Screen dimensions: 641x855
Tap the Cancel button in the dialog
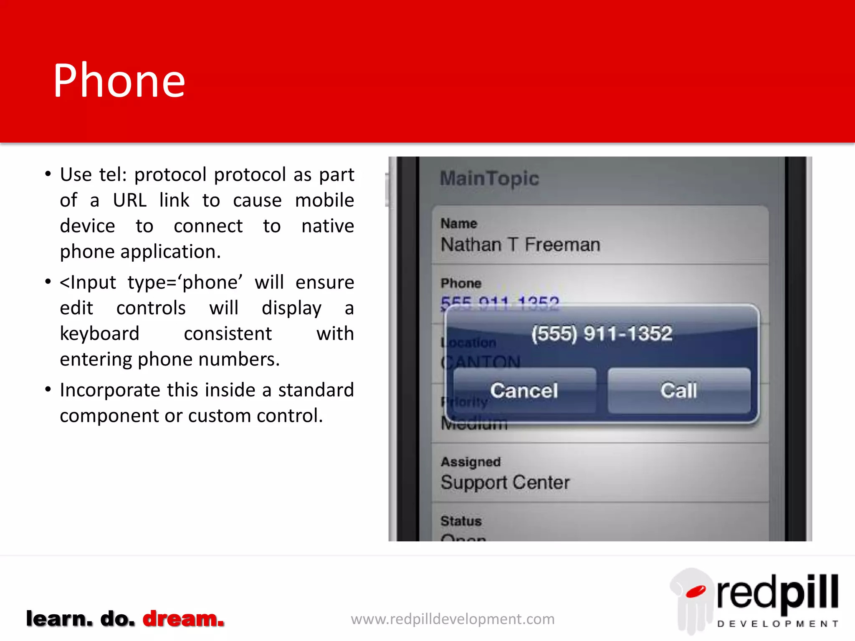(x=524, y=391)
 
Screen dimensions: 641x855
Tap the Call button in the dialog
(x=679, y=391)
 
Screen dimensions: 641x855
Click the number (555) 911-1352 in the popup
(x=602, y=333)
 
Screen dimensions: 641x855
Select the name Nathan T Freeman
(x=520, y=245)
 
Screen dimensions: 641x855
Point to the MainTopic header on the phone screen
(x=489, y=179)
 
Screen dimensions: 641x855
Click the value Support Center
(x=505, y=482)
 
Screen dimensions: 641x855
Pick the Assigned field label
(x=471, y=462)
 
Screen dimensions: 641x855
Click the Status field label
(x=461, y=521)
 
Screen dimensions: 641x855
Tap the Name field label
(x=458, y=224)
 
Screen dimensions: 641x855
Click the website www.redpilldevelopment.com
(x=453, y=619)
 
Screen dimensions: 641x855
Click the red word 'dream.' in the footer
(x=183, y=618)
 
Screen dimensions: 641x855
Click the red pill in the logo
(x=696, y=591)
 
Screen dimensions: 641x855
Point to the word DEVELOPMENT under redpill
(x=777, y=624)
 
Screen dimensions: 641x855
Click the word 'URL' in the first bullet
(x=129, y=200)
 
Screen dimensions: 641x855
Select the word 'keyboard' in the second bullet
(x=99, y=334)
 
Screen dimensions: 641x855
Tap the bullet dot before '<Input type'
(x=48, y=282)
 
